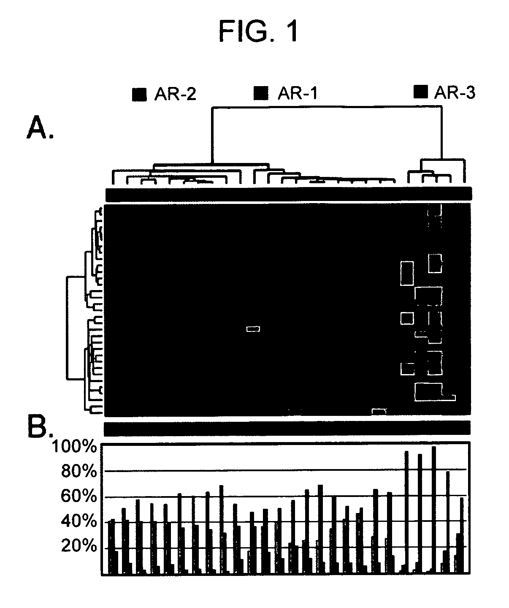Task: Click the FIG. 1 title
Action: (x=258, y=31)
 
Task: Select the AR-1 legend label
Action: (x=297, y=93)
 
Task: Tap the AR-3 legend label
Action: (x=455, y=92)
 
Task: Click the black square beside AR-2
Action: (x=139, y=95)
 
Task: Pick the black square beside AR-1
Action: (x=261, y=93)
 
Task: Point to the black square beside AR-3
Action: (x=420, y=91)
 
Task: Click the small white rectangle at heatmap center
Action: (x=253, y=328)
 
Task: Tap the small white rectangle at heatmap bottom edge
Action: (x=379, y=410)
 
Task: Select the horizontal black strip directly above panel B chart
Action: (x=287, y=428)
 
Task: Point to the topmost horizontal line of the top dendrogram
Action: (x=327, y=108)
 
